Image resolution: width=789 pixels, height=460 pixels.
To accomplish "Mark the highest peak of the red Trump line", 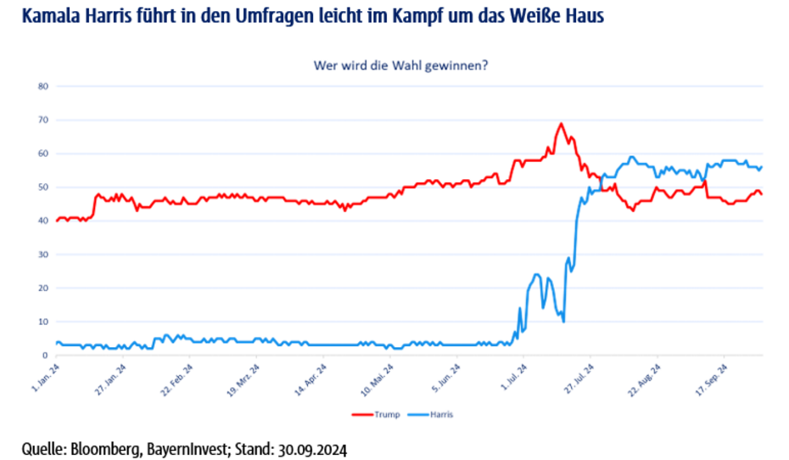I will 561,124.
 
